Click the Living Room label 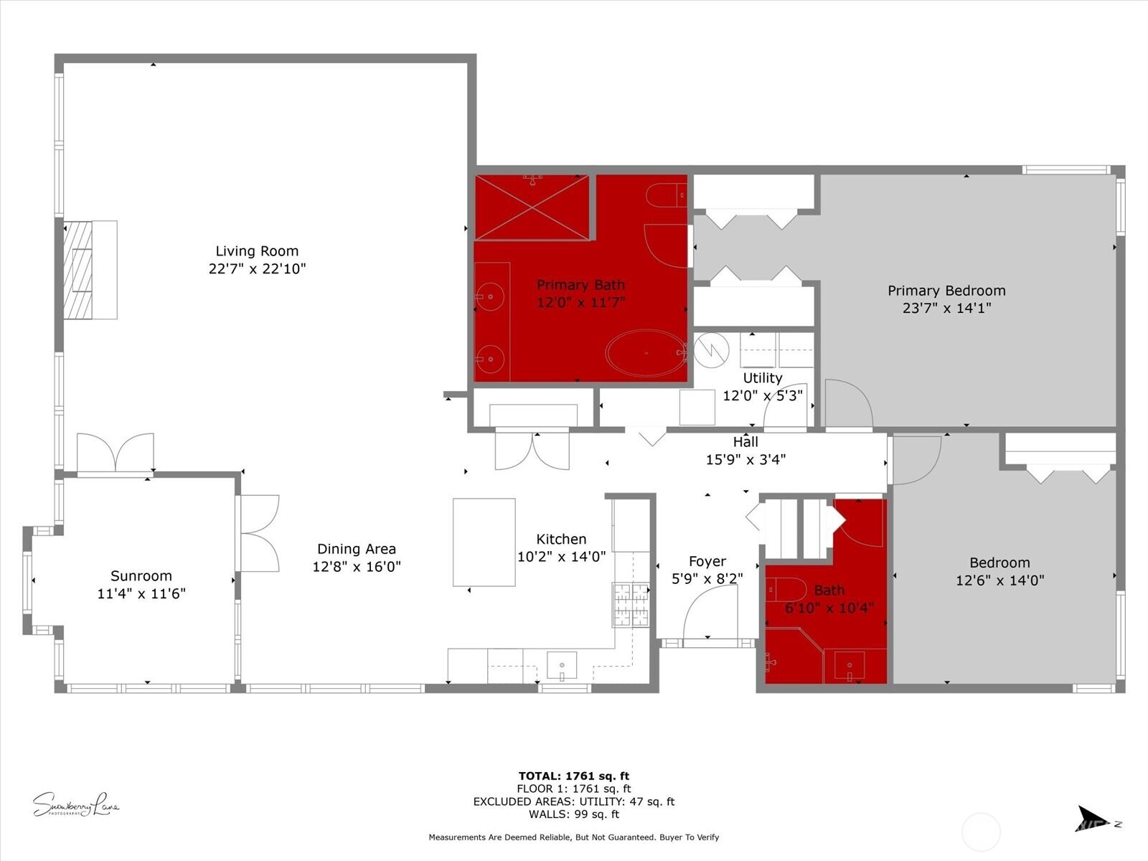[257, 251]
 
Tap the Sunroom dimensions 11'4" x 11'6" [141, 593]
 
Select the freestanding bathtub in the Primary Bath [646, 353]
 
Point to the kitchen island [484, 542]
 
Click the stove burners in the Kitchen [631, 604]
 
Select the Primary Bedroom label [946, 291]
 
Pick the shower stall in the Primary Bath [532, 207]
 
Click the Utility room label [763, 378]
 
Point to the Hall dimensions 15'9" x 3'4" [745, 460]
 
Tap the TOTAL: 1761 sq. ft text [573, 776]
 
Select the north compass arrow [1093, 819]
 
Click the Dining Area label [357, 549]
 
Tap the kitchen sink [562, 665]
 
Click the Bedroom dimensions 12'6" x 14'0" [999, 580]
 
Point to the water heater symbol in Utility [712, 350]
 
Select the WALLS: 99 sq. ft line [573, 814]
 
